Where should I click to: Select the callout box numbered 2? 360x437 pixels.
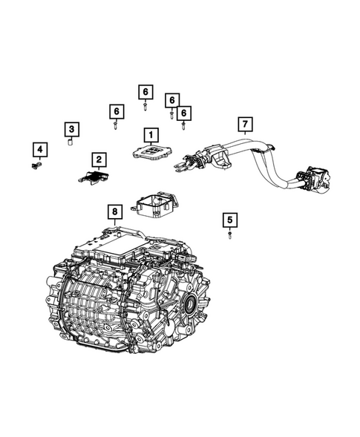[98, 158]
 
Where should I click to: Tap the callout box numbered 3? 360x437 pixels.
[71, 130]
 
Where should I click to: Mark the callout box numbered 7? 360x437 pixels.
[245, 122]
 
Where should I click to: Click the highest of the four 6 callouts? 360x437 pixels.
[145, 92]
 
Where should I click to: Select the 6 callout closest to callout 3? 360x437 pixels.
[117, 111]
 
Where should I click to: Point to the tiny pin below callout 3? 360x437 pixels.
[70, 144]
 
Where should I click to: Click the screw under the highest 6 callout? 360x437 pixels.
[145, 107]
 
